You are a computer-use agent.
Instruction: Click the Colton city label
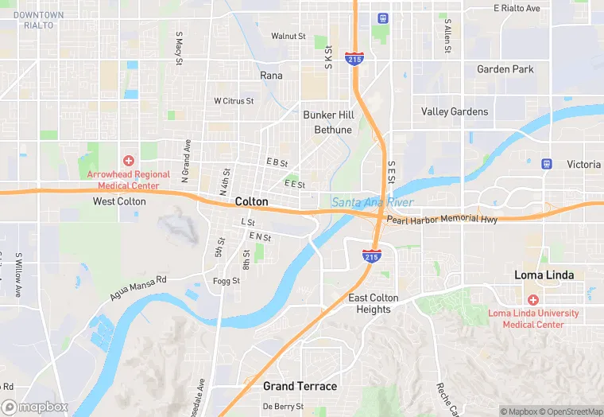(x=251, y=202)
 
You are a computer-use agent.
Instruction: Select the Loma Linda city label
(x=544, y=275)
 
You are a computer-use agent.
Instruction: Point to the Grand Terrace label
(x=300, y=387)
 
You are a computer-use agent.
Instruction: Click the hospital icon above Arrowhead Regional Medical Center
(x=128, y=161)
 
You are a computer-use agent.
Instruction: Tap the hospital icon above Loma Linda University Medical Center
(x=532, y=300)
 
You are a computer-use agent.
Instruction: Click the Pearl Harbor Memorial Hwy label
(x=442, y=219)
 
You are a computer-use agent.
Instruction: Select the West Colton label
(x=119, y=202)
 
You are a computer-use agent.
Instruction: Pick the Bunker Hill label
(x=328, y=115)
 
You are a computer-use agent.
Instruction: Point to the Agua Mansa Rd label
(x=139, y=287)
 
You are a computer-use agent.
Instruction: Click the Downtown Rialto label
(x=38, y=20)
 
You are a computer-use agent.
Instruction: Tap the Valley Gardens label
(x=455, y=111)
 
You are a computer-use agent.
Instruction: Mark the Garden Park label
(x=505, y=69)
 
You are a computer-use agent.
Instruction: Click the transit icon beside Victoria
(x=547, y=164)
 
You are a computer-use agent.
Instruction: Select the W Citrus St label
(x=234, y=101)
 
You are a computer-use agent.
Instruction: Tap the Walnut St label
(x=288, y=36)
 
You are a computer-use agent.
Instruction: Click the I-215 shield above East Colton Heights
(x=371, y=255)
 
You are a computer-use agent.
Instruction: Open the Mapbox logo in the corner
(x=33, y=407)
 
